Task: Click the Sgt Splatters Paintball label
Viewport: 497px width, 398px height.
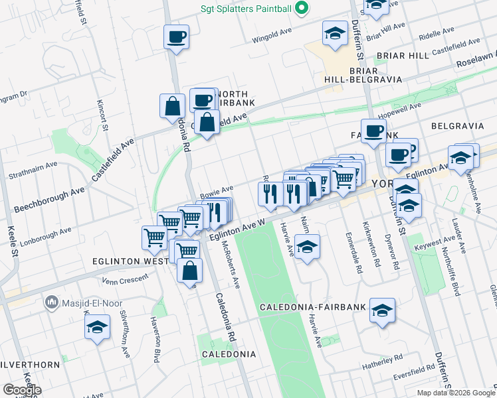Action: pos(246,9)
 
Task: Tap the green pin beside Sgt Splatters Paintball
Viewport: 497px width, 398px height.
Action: pos(302,9)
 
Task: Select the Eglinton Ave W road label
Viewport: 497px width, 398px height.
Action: pos(237,230)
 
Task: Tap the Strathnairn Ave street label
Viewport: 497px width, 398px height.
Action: pos(33,170)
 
